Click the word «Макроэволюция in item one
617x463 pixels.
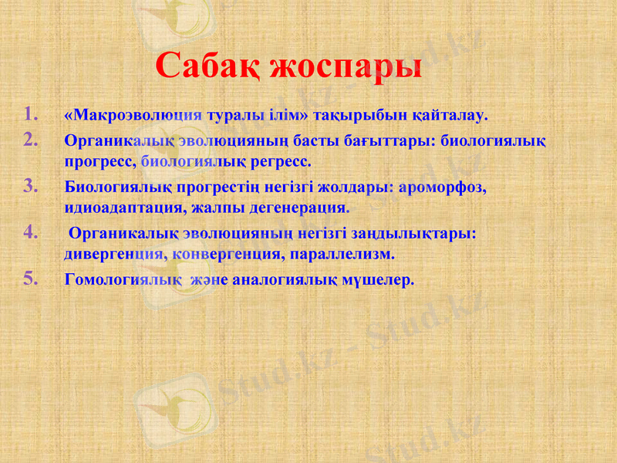(x=133, y=116)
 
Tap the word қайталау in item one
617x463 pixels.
(x=449, y=116)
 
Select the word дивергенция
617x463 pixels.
(x=115, y=253)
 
